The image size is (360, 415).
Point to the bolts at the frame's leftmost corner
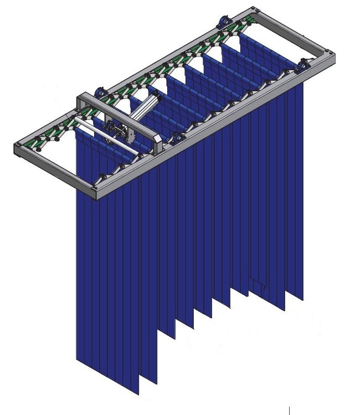[19, 147]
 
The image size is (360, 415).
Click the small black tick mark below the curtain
[289, 410]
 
